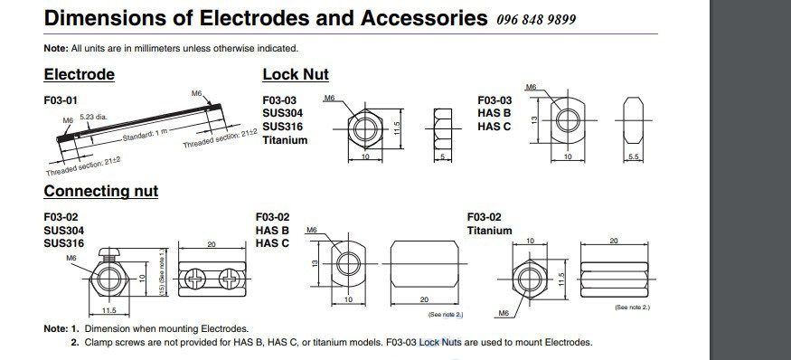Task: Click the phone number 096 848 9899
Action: pos(537,20)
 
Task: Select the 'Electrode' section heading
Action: pos(79,74)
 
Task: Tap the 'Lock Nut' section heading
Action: pos(295,74)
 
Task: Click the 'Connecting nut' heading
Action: pos(100,191)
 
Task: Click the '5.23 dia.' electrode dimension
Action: pos(92,117)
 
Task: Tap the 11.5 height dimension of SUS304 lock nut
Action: pos(395,129)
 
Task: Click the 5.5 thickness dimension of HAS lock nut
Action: pos(634,157)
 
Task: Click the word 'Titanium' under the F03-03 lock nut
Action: pos(284,140)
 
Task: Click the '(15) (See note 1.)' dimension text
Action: pos(161,272)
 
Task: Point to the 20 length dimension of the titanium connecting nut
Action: pos(615,241)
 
